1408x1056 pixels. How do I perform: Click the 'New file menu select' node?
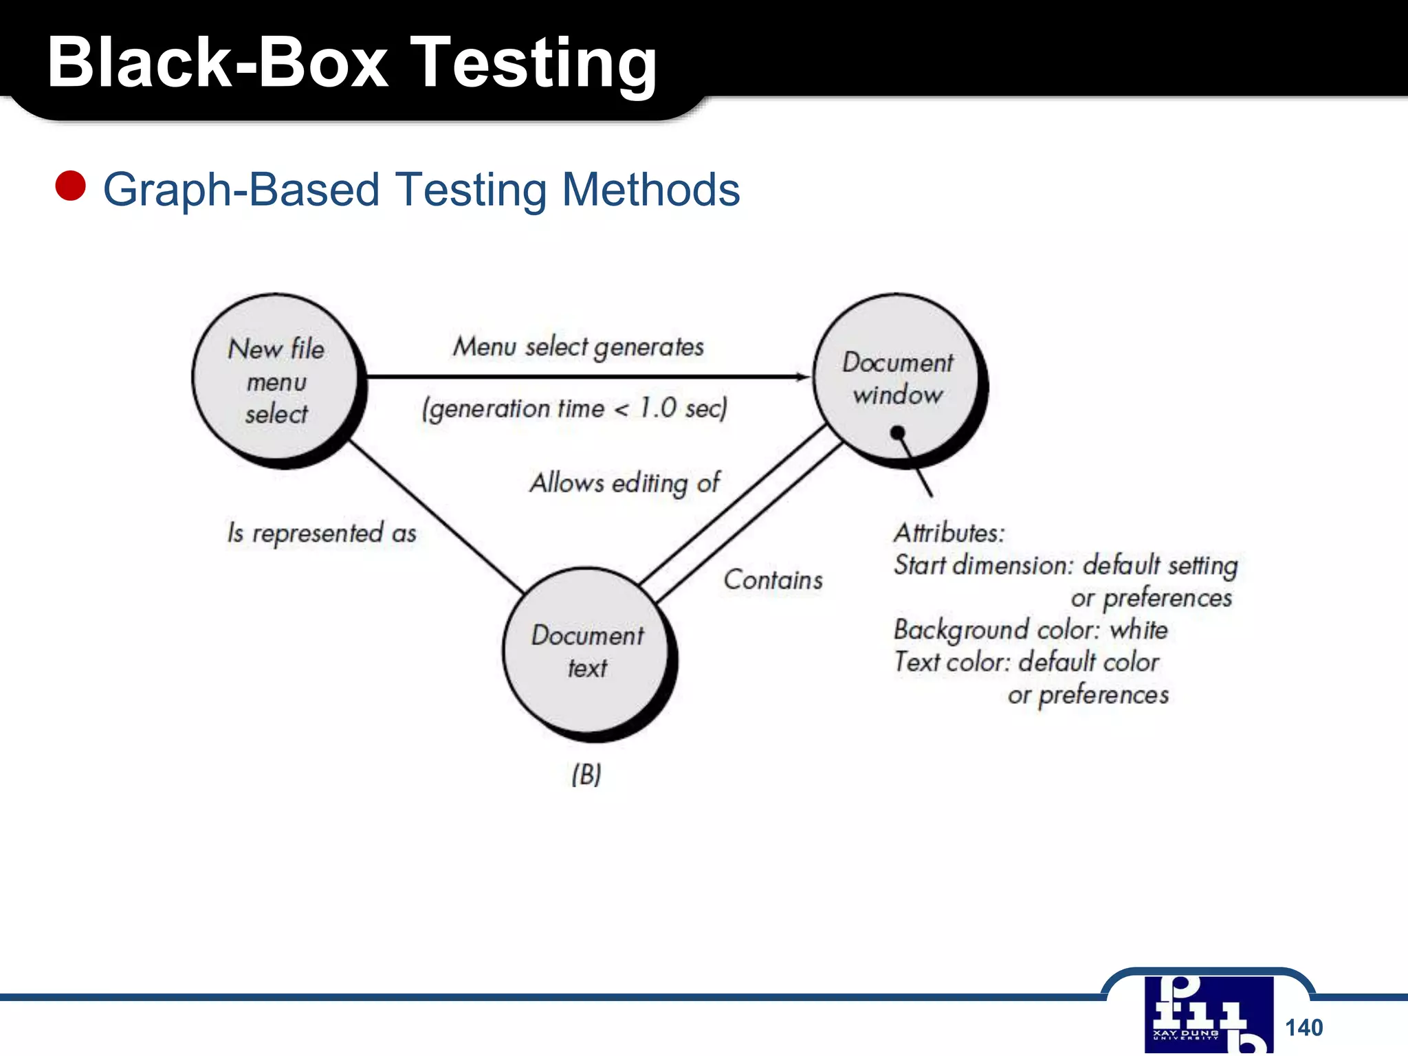(x=276, y=379)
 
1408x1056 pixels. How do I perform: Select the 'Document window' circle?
(x=896, y=378)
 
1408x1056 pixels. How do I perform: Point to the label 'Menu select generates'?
(x=578, y=346)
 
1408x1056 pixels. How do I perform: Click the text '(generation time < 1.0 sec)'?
(x=575, y=408)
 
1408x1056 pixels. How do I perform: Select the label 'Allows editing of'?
(x=624, y=483)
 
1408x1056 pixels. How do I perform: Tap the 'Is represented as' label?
(x=322, y=533)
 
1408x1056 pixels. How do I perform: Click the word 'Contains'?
(x=773, y=580)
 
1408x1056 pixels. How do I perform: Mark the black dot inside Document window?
(x=897, y=432)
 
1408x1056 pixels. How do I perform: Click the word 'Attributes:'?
(x=949, y=533)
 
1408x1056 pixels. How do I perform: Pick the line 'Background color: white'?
(x=1030, y=630)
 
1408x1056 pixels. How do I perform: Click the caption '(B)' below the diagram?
(x=586, y=774)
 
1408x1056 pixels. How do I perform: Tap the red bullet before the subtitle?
(x=70, y=186)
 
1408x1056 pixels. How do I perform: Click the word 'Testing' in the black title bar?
(x=536, y=63)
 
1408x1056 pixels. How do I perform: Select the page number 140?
(x=1303, y=1027)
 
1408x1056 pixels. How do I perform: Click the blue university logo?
(x=1209, y=1015)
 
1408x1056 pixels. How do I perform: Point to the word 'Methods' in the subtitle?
(x=650, y=189)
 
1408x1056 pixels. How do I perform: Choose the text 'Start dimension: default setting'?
(x=1065, y=565)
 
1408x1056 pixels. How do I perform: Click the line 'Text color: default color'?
(x=1026, y=662)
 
